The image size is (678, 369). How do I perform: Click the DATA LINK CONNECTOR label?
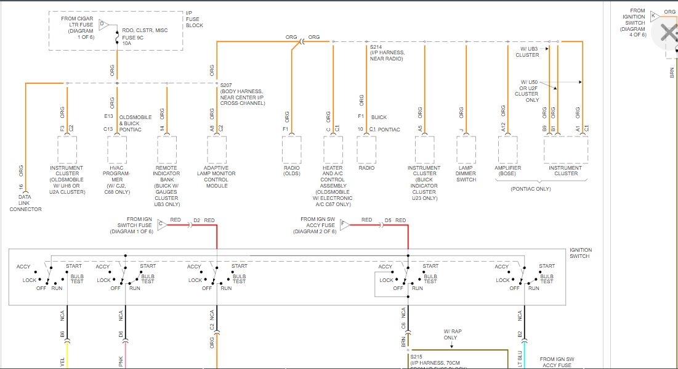(25, 204)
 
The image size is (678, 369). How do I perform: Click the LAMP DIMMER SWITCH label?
(466, 173)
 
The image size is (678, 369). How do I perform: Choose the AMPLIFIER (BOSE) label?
(508, 171)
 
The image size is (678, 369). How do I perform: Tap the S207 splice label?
(227, 85)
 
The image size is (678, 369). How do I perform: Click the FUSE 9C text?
(133, 37)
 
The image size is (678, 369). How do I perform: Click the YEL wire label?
(62, 362)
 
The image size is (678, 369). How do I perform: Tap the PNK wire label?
(121, 362)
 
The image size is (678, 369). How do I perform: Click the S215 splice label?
(417, 355)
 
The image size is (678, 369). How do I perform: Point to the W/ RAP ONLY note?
(451, 334)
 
